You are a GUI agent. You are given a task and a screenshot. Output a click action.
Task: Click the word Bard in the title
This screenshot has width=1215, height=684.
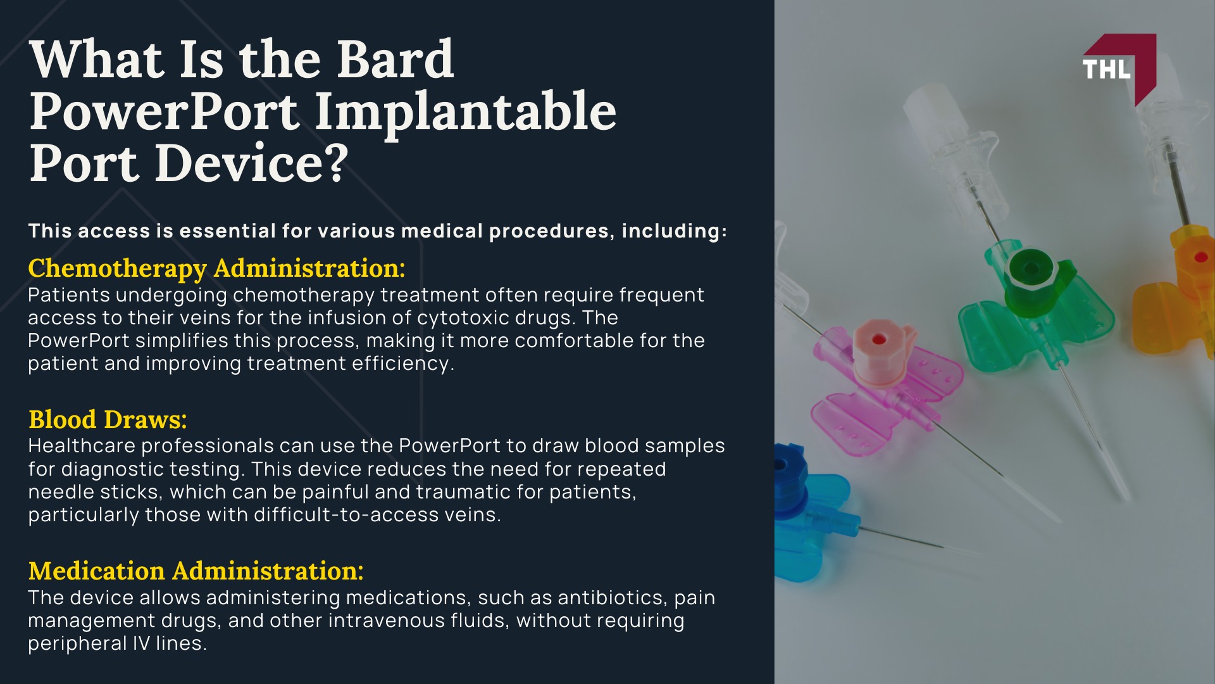tap(395, 60)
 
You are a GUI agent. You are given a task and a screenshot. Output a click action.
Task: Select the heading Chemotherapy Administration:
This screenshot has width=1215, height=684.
tap(216, 269)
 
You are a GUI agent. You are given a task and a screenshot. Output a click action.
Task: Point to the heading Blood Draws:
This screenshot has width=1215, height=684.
tap(108, 420)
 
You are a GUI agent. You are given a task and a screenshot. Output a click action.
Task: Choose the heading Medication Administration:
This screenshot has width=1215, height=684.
tap(196, 571)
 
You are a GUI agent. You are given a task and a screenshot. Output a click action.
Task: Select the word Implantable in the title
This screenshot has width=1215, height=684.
tap(465, 112)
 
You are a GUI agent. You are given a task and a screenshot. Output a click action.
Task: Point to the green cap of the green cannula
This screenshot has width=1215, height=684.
tap(1031, 269)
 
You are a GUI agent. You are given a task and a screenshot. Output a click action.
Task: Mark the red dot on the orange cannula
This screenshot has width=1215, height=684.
tap(1200, 258)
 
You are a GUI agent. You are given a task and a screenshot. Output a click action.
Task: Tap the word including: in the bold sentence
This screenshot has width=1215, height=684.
tap(674, 231)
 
